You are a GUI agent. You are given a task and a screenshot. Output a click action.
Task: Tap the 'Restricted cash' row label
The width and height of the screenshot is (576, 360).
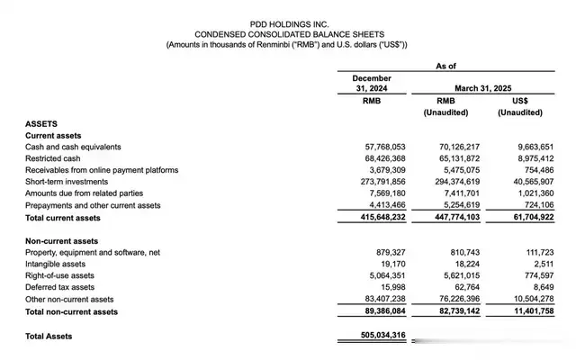pyautogui.click(x=55, y=157)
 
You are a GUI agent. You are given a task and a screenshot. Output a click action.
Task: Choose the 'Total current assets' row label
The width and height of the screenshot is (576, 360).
pyautogui.click(x=63, y=217)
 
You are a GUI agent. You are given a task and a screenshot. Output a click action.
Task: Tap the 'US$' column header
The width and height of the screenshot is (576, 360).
pyautogui.click(x=519, y=100)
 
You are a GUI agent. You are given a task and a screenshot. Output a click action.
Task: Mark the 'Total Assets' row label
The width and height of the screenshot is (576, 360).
pyautogui.click(x=49, y=336)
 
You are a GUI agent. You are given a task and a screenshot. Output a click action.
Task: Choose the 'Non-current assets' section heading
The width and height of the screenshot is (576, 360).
pyautogui.click(x=62, y=240)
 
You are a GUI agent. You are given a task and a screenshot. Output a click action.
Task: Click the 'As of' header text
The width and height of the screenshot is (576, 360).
pyautogui.click(x=447, y=66)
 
